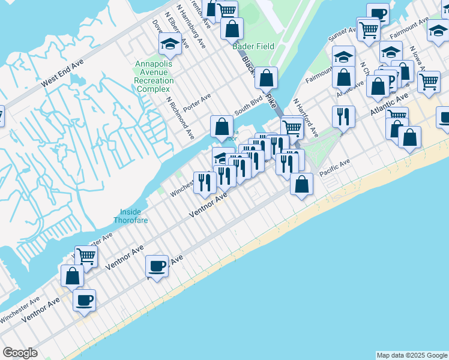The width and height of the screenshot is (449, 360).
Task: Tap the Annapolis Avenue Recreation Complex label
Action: pyautogui.click(x=154, y=76)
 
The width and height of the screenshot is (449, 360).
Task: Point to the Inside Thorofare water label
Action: pyautogui.click(x=130, y=216)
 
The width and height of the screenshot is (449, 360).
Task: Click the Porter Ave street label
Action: pyautogui.click(x=197, y=97)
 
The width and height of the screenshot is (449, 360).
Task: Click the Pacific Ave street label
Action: pyautogui.click(x=334, y=164)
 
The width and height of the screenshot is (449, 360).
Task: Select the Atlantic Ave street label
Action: pyautogui.click(x=389, y=103)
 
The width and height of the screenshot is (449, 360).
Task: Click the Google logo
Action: pyautogui.click(x=20, y=353)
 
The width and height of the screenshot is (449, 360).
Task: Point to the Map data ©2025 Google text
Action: pyautogui.click(x=411, y=355)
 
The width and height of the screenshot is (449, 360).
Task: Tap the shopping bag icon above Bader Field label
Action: pyautogui.click(x=231, y=28)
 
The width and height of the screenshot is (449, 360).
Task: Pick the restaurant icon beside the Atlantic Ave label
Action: pyautogui.click(x=343, y=116)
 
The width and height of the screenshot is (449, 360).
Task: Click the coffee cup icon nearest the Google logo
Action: pyautogui.click(x=84, y=299)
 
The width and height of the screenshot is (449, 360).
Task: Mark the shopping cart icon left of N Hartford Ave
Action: pyautogui.click(x=292, y=127)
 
